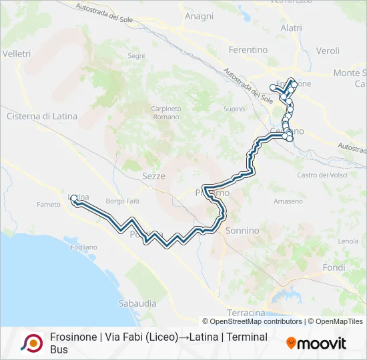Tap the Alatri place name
coord(291,28)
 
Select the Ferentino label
coord(248,50)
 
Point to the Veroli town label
coord(328,51)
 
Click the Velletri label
coord(17,53)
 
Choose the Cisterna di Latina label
coord(41,116)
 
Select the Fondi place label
coord(334,267)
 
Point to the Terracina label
coord(246,313)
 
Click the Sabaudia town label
coord(137,303)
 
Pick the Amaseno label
coord(288,201)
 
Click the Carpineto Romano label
coord(166,113)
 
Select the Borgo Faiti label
coord(121,201)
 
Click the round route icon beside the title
coord(31,343)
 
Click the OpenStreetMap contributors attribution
coord(256,321)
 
